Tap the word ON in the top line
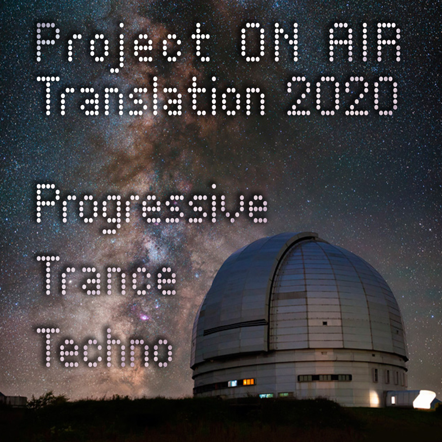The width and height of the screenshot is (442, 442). pyautogui.click(x=269, y=42)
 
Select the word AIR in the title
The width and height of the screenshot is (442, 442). pyautogui.click(x=364, y=42)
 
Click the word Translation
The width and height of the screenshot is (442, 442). pyautogui.click(x=151, y=96)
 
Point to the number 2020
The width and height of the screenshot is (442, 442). pyautogui.click(x=342, y=96)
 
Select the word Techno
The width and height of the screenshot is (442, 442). pyautogui.click(x=105, y=348)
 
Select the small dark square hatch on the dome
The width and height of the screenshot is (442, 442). pyautogui.click(x=325, y=323)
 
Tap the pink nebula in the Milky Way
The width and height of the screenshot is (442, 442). pyautogui.click(x=144, y=317)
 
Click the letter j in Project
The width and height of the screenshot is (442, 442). pyautogui.click(x=116, y=48)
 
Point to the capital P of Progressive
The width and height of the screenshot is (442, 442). pyautogui.click(x=46, y=203)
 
